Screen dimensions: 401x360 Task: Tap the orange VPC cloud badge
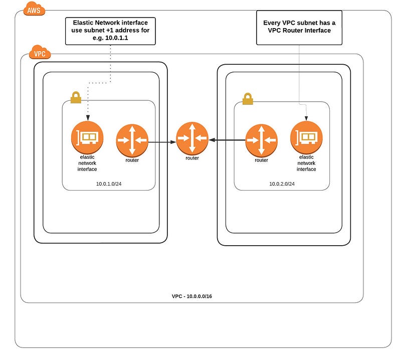(x=40, y=52)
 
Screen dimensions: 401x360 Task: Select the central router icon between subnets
(x=192, y=138)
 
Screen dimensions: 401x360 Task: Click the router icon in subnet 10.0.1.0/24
(x=132, y=140)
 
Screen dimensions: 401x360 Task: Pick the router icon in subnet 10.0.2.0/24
(x=261, y=140)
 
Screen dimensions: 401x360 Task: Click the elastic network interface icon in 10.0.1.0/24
(x=87, y=137)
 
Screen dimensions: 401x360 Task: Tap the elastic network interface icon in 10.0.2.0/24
(x=306, y=137)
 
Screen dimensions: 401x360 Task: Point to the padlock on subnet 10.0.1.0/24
(x=76, y=97)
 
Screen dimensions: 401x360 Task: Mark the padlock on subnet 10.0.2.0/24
(x=248, y=98)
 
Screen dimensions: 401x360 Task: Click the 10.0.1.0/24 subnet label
(x=109, y=184)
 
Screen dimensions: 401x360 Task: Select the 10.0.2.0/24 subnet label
(x=282, y=184)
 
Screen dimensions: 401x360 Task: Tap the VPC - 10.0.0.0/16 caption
(x=192, y=296)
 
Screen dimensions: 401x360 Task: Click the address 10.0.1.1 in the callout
(x=117, y=38)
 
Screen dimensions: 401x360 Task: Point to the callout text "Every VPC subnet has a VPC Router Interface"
(x=299, y=27)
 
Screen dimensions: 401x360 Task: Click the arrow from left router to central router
(x=162, y=142)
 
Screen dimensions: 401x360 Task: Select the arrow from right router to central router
(x=227, y=140)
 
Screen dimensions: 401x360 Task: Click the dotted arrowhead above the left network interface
(x=88, y=118)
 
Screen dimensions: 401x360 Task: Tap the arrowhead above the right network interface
(x=306, y=118)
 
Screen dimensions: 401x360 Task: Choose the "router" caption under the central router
(x=192, y=158)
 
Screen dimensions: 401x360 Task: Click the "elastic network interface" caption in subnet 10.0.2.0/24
(x=306, y=163)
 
